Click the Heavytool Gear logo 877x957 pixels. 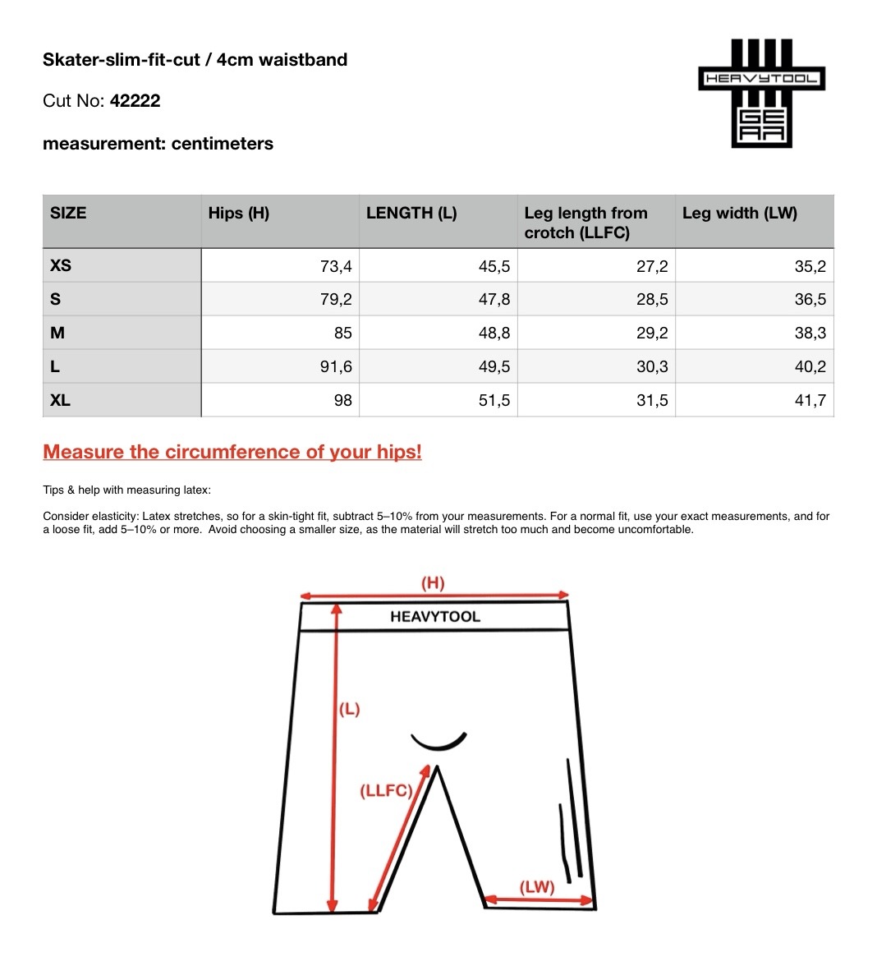click(x=761, y=93)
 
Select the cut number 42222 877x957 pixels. click(x=135, y=101)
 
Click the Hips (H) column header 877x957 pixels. click(x=238, y=214)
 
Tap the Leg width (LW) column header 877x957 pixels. click(x=739, y=214)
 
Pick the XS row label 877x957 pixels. click(x=61, y=265)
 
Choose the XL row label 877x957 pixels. click(x=61, y=400)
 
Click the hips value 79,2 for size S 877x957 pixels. click(x=336, y=300)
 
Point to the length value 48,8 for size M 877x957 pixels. click(x=494, y=334)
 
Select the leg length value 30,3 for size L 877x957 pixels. click(x=652, y=367)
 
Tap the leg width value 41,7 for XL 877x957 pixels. click(x=810, y=401)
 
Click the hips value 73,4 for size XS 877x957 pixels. click(x=336, y=266)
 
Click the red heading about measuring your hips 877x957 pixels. click(x=232, y=452)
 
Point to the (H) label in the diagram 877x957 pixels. click(x=433, y=583)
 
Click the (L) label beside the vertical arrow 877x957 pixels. click(x=350, y=709)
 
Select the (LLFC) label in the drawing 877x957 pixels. click(x=385, y=791)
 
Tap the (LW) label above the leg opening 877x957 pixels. click(x=537, y=887)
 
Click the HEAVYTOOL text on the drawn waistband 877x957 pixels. click(x=435, y=617)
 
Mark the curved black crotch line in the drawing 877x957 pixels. click(x=438, y=743)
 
